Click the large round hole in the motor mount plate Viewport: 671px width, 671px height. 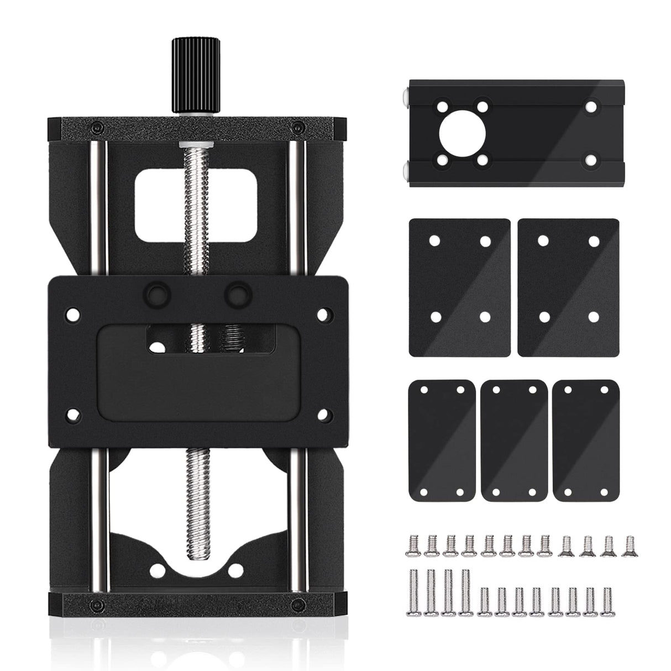[462, 132]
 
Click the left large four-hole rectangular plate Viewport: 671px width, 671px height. [460, 287]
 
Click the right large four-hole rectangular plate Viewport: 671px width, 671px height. [569, 287]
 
